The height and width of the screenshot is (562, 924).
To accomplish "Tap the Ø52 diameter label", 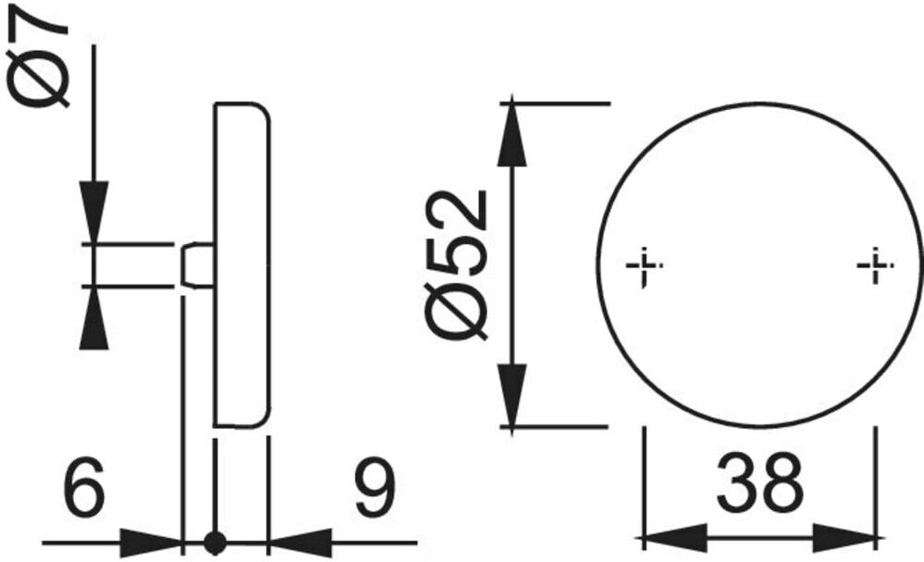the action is point(456,265).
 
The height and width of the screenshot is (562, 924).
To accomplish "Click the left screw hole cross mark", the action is point(644,266).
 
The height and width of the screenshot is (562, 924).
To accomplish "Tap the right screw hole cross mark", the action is point(876,265).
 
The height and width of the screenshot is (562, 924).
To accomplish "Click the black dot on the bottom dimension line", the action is point(216,543).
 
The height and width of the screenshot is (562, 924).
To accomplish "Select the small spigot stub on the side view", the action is point(196,265).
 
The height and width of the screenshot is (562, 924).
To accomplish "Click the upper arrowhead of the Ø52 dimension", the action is point(511,133).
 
